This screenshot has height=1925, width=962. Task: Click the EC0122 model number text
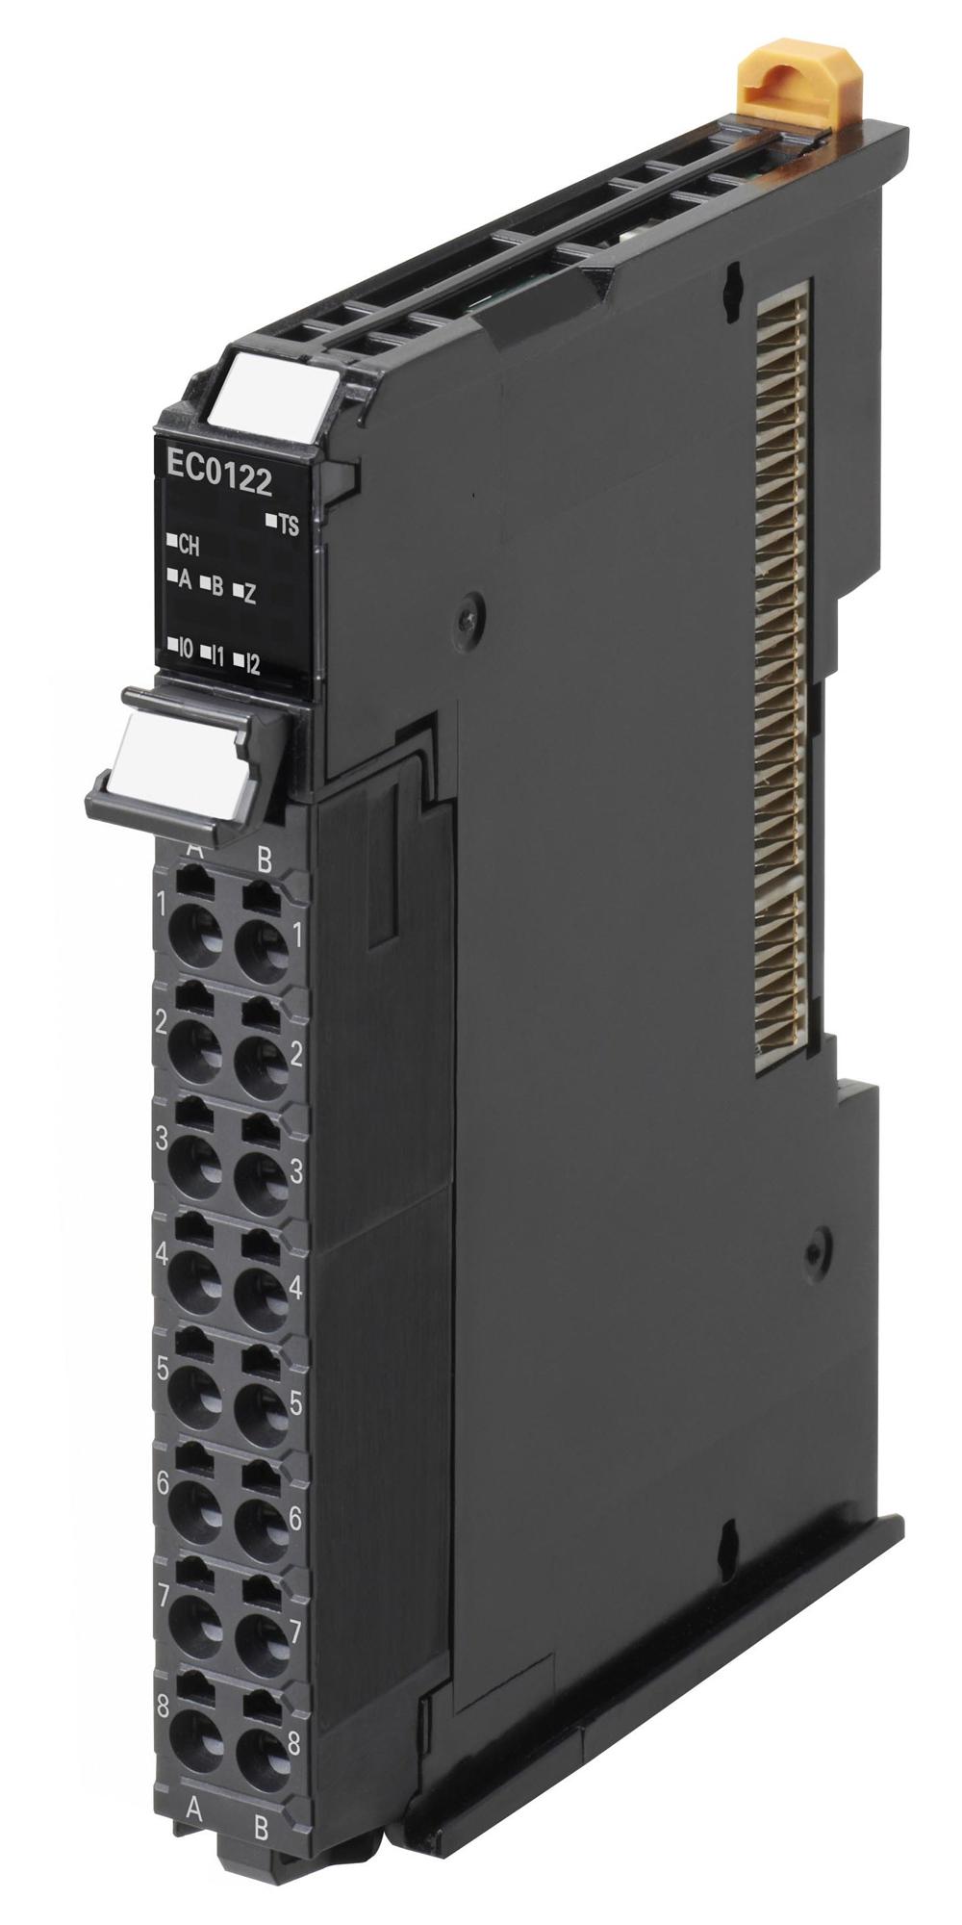[x=218, y=479]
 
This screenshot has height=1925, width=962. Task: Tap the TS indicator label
[x=287, y=525]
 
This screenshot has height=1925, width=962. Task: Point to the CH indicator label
[x=188, y=546]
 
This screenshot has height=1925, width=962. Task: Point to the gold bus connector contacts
[x=785, y=674]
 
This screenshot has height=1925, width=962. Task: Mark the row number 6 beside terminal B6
[x=294, y=1519]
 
